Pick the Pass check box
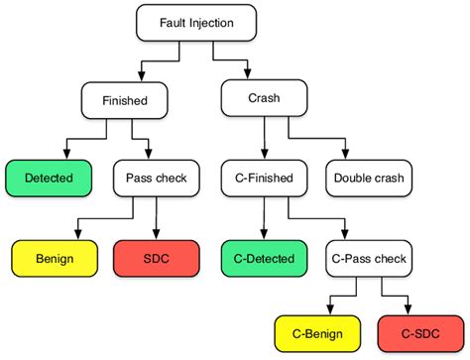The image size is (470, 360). tap(152, 179)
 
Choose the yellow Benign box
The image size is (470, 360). tap(56, 258)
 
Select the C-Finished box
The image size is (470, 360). tap(263, 179)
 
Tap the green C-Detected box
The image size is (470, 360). tap(263, 258)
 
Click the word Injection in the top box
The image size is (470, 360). tap(220, 23)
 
